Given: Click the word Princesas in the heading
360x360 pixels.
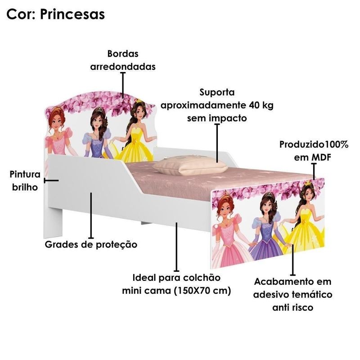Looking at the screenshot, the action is pyautogui.click(x=72, y=14).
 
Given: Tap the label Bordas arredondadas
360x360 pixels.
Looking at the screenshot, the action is pyautogui.click(x=123, y=60).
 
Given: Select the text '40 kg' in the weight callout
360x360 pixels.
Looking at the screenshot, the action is pyautogui.click(x=261, y=105).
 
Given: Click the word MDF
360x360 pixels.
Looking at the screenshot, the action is pyautogui.click(x=321, y=157).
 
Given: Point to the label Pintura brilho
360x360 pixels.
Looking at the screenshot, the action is pyautogui.click(x=25, y=181).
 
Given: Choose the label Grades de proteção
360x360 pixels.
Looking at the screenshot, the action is pyautogui.click(x=91, y=244).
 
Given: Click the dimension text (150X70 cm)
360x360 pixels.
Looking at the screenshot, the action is pyautogui.click(x=202, y=291).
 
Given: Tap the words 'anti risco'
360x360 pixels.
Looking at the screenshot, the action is pyautogui.click(x=293, y=307).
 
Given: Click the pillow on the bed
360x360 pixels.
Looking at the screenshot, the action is pyautogui.click(x=190, y=165).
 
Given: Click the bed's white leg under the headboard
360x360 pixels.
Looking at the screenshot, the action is pyautogui.click(x=53, y=223).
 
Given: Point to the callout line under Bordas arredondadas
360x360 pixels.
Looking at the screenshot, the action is pyautogui.click(x=123, y=85).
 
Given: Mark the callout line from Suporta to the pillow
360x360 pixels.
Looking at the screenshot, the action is pyautogui.click(x=217, y=143).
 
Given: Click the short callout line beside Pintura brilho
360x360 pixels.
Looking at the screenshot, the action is pyautogui.click(x=51, y=181).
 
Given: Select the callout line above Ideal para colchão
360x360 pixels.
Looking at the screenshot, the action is pyautogui.click(x=176, y=247).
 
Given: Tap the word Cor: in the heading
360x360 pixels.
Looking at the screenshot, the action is pyautogui.click(x=21, y=14).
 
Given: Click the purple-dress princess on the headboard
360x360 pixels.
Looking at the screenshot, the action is pyautogui.click(x=98, y=133).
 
